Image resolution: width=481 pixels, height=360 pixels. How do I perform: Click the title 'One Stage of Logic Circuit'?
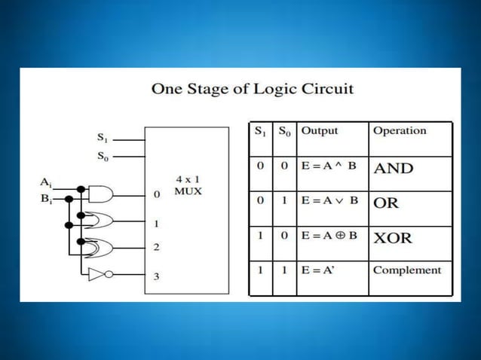point(253,89)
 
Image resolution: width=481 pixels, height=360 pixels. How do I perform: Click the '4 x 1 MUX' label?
point(188,185)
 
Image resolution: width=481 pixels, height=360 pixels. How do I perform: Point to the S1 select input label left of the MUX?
point(102,138)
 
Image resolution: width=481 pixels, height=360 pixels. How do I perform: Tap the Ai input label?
point(46,182)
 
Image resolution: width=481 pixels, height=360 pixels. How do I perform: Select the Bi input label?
point(46,200)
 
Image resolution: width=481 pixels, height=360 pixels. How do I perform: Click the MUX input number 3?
point(157,276)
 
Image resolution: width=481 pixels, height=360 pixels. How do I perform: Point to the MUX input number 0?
point(157,194)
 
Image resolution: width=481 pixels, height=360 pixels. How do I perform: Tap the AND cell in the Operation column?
point(394,169)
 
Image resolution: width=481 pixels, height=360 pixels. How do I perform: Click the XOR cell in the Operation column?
point(394,238)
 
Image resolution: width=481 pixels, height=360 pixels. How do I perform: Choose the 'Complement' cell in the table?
point(407,270)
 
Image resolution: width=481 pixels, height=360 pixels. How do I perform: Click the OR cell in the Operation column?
point(386,203)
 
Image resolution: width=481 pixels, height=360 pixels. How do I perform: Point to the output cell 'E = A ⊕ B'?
point(331,236)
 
